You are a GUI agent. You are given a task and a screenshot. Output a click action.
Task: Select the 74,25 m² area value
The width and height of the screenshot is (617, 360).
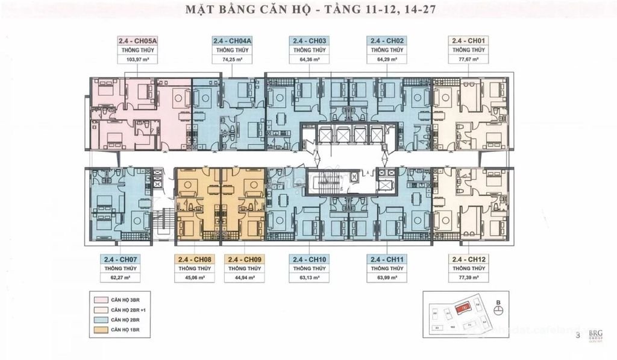pos(232,60)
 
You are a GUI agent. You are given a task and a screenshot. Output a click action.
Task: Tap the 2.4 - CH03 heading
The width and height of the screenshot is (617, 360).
pos(309,40)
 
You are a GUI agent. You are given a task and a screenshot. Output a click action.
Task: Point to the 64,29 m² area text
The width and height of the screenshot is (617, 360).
pos(386,60)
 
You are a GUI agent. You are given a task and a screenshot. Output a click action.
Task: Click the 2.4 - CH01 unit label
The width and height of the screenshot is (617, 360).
pos(469,40)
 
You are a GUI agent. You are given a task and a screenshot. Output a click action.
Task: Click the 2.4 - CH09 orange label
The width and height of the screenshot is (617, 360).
pos(245,259)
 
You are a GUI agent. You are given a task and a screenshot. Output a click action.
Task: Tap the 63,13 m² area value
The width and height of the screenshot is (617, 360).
pos(309,278)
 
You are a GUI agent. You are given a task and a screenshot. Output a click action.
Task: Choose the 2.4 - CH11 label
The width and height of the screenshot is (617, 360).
pos(386,259)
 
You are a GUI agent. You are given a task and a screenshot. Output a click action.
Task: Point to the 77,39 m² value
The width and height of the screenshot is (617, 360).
pos(469,278)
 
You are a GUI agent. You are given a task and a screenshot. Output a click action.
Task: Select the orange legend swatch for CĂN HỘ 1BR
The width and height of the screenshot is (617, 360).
pos(101,330)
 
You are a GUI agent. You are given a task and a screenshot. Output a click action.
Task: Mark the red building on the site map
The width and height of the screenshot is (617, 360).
pos(465,307)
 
